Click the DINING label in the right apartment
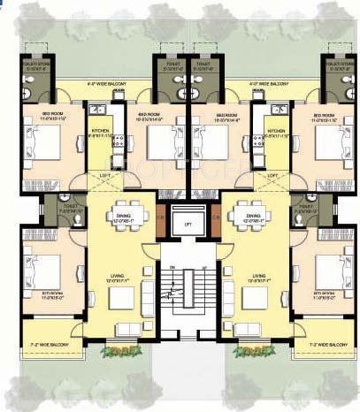point(254,214)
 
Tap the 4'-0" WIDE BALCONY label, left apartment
point(107,85)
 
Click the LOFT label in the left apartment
point(103,175)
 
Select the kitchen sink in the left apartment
point(96,112)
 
